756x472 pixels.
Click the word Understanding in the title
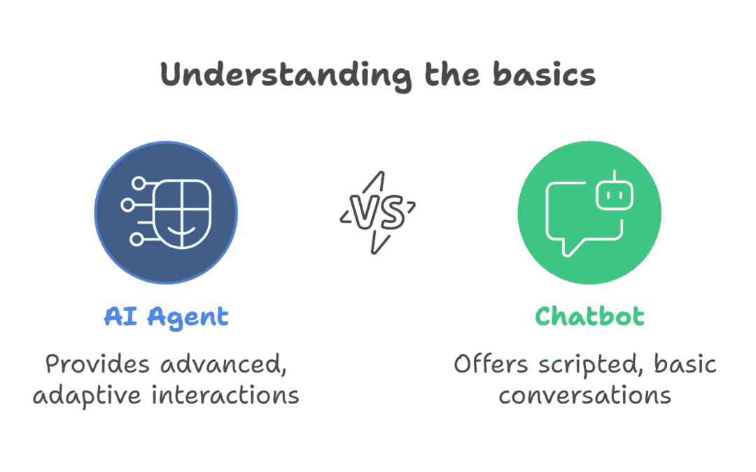point(286,76)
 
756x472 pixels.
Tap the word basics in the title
point(545,75)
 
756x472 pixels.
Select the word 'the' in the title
point(452,75)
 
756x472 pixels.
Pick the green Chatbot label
point(589,317)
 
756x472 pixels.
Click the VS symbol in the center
point(378,213)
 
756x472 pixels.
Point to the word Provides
point(97,364)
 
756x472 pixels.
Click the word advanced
point(224,364)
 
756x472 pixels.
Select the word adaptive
point(87,396)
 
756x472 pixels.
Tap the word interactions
point(225,395)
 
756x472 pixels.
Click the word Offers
point(491,364)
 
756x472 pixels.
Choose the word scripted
point(591,365)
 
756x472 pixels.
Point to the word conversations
point(584,395)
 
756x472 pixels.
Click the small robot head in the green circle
point(615,195)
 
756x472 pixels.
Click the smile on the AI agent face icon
point(181,230)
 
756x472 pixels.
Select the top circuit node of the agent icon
point(139,183)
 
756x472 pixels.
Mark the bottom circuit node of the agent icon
point(137,239)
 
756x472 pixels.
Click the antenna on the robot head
point(615,176)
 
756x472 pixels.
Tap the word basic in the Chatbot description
point(685,364)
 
